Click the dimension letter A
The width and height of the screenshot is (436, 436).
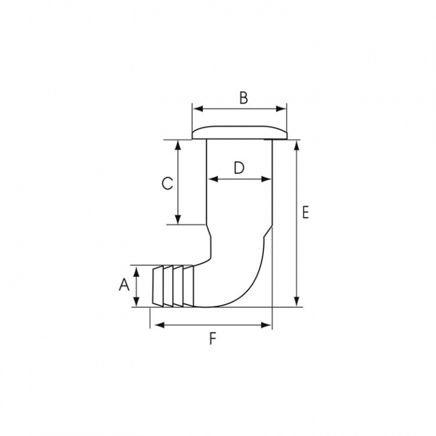(x=124, y=284)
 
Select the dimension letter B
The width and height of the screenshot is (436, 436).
(x=243, y=98)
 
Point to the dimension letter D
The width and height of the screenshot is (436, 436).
(x=239, y=168)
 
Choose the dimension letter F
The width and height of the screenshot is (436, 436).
(x=212, y=339)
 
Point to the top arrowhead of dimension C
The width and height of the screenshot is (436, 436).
(x=178, y=144)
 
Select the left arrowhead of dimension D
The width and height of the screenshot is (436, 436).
(x=211, y=179)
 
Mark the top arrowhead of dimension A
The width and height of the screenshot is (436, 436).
(x=139, y=269)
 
